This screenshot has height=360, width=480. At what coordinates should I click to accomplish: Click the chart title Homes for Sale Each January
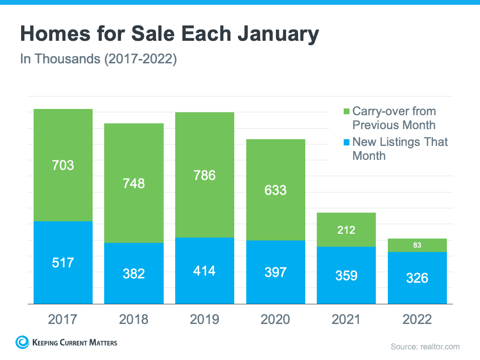click(169, 35)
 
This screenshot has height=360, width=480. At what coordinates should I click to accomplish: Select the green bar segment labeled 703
click(63, 165)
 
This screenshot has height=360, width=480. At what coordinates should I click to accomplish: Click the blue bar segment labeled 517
click(63, 263)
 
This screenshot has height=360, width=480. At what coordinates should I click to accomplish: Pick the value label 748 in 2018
click(134, 183)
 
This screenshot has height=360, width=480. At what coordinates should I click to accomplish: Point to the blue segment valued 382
click(134, 273)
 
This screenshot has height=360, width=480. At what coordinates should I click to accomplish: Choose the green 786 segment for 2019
click(204, 175)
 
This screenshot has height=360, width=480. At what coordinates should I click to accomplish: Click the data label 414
click(204, 271)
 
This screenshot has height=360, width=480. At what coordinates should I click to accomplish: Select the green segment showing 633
click(276, 190)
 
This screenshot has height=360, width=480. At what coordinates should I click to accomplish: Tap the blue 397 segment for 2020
click(276, 272)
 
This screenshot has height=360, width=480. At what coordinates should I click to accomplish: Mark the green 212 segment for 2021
click(346, 230)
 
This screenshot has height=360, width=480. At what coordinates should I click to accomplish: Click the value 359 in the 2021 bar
click(346, 276)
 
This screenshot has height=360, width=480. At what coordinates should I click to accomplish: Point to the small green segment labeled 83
click(417, 245)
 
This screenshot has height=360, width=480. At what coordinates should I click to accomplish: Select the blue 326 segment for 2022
click(417, 278)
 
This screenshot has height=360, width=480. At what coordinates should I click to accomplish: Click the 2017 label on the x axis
click(63, 319)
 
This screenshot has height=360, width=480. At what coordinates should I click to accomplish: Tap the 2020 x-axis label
click(276, 319)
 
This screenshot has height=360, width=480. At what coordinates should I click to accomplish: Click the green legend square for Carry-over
click(347, 112)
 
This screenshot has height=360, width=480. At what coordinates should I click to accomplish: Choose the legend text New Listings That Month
click(399, 149)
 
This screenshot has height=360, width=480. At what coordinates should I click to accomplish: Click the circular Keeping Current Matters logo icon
click(22, 342)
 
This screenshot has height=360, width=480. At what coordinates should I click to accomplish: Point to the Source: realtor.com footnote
click(425, 346)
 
